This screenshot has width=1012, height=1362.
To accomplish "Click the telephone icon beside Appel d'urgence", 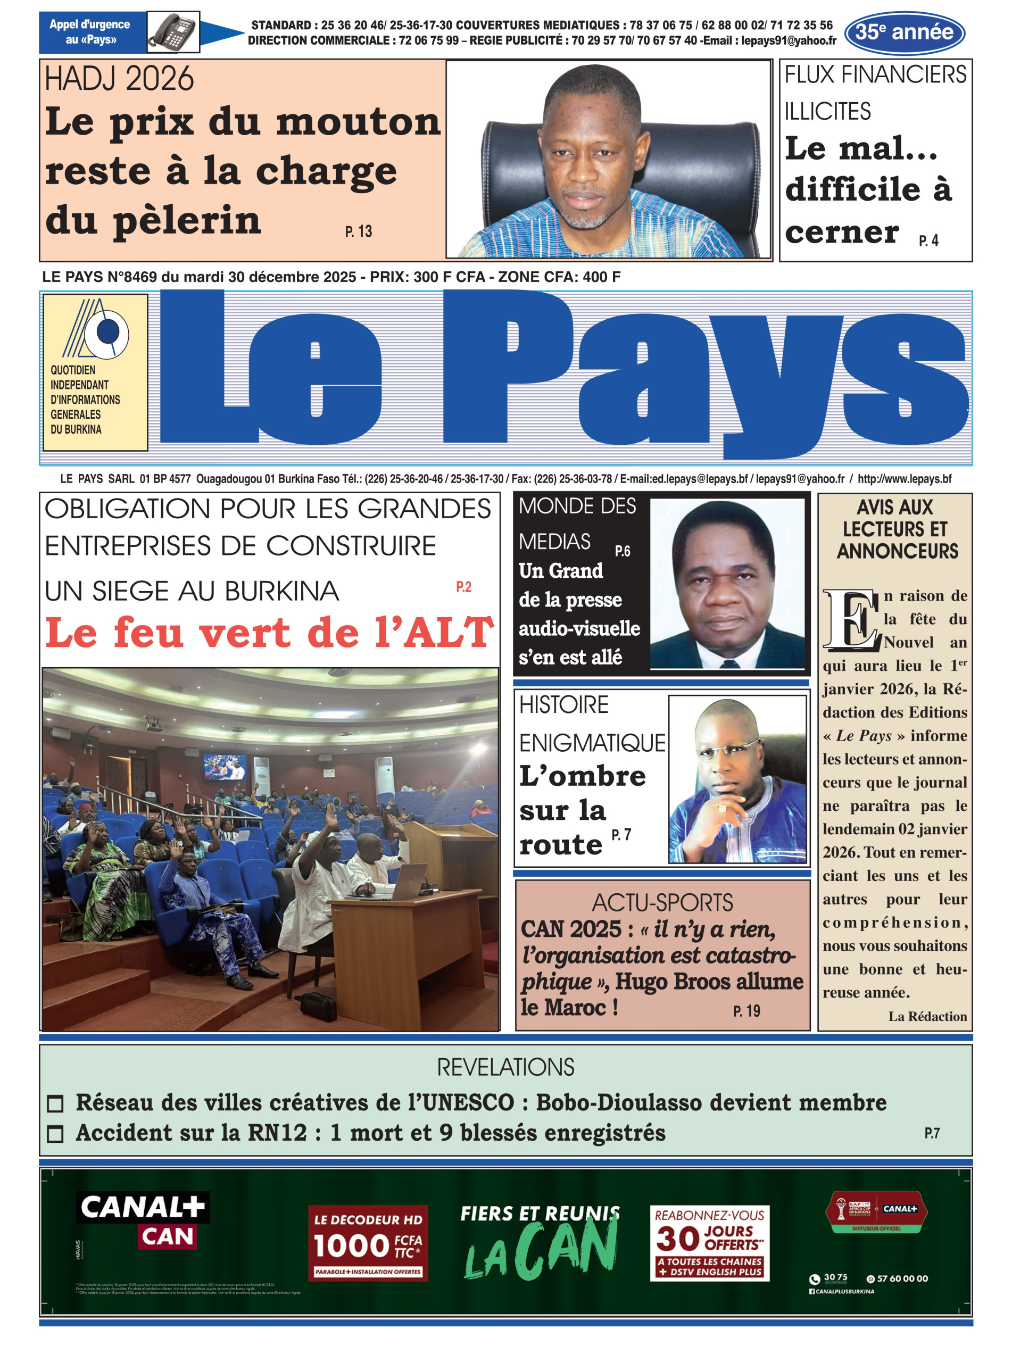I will coord(173,32).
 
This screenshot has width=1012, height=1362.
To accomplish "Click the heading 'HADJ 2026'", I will coord(120,79).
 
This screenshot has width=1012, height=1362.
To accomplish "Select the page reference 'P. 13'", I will coord(359,231).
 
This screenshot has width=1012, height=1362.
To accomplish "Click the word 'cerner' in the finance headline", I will coord(842,232).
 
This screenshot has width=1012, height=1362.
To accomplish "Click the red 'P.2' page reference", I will coord(464,587).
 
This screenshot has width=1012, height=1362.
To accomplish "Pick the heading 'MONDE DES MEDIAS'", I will coord(577,524).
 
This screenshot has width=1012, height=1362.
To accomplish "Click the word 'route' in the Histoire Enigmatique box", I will coord(560,844).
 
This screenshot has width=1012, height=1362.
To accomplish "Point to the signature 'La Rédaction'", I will coord(927,1016).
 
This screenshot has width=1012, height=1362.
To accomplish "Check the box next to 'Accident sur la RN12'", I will coord(55,1134).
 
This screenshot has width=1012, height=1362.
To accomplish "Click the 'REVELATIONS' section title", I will coord(505,1067).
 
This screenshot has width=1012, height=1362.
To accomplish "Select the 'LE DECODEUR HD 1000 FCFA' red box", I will coord(368,1243).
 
